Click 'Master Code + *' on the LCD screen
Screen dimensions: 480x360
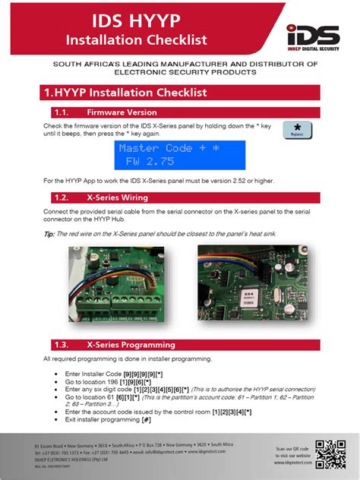168,148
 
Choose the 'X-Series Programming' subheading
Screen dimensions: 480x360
131,344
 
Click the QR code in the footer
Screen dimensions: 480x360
330,453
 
